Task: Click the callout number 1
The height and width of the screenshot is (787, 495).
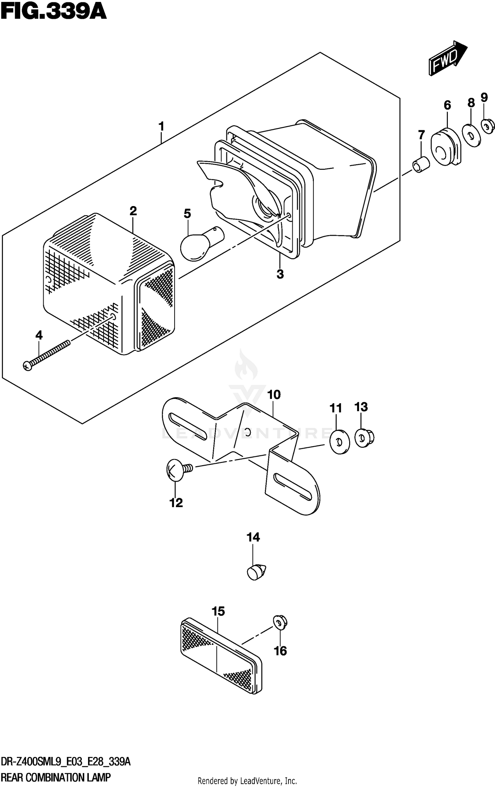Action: point(161,126)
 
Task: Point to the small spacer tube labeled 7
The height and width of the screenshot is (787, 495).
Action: point(422,165)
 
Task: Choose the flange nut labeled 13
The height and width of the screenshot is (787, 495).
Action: point(364,438)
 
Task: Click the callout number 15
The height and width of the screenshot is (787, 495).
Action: point(218,611)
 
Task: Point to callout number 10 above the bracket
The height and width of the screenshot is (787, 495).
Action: point(274,395)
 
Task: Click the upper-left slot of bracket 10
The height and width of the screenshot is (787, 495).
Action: point(186,427)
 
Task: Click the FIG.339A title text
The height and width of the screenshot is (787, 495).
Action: point(53,13)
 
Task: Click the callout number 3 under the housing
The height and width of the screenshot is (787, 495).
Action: point(280,274)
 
